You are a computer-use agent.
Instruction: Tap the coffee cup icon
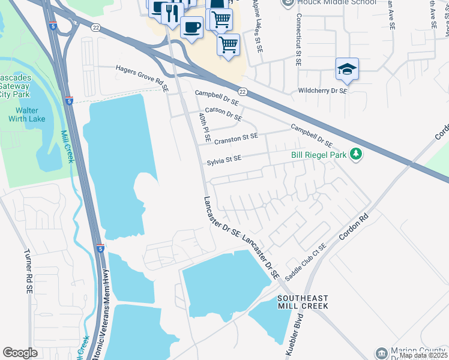tap(191, 28)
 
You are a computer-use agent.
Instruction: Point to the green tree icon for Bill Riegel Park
tap(356, 155)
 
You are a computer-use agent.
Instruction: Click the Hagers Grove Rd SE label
tap(143, 75)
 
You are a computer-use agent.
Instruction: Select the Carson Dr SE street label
tap(223, 113)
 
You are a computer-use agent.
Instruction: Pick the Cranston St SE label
tap(236, 137)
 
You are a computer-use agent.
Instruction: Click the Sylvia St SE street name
tap(224, 159)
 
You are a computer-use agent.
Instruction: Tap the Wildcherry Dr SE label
tap(322, 91)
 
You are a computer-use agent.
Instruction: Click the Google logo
tap(20, 353)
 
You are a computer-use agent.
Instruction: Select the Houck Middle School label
tap(336, 2)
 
